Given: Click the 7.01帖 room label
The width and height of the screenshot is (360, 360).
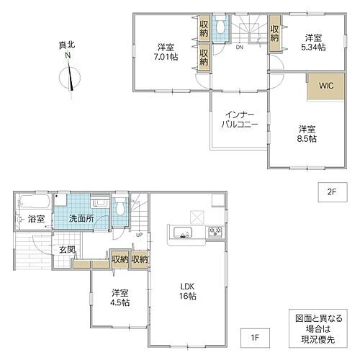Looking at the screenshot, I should coord(167,53).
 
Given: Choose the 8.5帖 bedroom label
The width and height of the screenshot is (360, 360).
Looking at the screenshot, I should coord(307,134).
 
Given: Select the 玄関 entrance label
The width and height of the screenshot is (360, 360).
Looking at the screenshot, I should coord(48,250).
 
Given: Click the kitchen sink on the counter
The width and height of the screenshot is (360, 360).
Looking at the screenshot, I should coord(181,233).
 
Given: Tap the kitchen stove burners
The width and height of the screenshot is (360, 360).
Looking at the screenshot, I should coord(215,232).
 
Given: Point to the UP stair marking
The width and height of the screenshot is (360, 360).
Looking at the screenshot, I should coord(139,235).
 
